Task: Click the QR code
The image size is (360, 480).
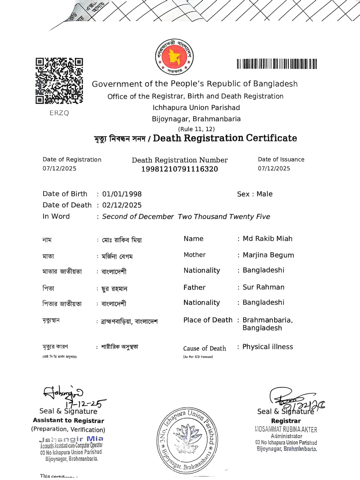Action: pyautogui.click(x=59, y=81)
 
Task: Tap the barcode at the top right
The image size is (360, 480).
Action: pyautogui.click(x=277, y=64)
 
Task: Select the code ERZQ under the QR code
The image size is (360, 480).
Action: pyautogui.click(x=59, y=113)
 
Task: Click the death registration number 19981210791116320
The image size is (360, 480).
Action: pyautogui.click(x=179, y=169)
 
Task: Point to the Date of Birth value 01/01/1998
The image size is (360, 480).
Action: pyautogui.click(x=122, y=194)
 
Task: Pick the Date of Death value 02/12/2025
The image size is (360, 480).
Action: pyautogui.click(x=122, y=205)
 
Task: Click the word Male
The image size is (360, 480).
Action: pyautogui.click(x=264, y=194)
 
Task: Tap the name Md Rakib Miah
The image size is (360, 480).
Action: pyautogui.click(x=267, y=239)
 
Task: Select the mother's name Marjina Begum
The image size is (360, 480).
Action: pyautogui.click(x=268, y=255)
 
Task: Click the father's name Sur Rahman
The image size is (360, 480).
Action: pyautogui.click(x=263, y=287)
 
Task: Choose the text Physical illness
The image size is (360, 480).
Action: pyautogui.click(x=268, y=347)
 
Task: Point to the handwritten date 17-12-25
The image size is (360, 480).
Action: pyautogui.click(x=86, y=403)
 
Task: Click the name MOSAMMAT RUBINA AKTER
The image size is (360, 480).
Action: pyautogui.click(x=286, y=430)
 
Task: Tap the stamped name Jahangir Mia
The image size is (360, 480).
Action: pyautogui.click(x=71, y=439)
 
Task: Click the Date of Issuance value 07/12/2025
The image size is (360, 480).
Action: pyautogui.click(x=274, y=168)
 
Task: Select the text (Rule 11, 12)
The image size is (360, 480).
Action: pyautogui.click(x=196, y=129)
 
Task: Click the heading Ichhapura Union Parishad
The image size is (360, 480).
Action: pyautogui.click(x=196, y=108)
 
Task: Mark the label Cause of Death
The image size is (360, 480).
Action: pyautogui.click(x=205, y=349)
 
